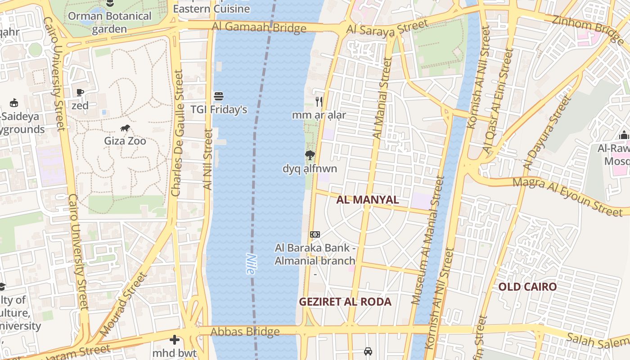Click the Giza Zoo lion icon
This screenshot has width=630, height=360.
coord(125,128)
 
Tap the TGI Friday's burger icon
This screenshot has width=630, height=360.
coord(219,96)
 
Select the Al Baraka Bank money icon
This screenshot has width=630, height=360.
coord(315,234)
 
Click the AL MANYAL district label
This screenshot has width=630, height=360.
coord(368,200)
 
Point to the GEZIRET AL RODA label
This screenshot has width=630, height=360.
coord(345,301)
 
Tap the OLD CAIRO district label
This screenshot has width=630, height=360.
coord(527,287)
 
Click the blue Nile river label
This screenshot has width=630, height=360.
coord(250,264)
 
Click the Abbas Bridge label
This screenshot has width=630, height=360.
coord(245,332)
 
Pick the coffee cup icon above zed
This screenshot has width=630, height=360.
coord(80,93)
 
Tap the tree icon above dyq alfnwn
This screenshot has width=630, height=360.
coord(310,156)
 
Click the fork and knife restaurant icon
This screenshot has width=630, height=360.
coord(319,102)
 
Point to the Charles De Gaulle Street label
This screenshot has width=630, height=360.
coord(177,133)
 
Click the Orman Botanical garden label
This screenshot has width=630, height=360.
coord(110,22)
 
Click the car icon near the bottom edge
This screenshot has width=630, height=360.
coord(368,351)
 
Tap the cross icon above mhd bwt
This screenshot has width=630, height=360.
coord(175,340)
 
